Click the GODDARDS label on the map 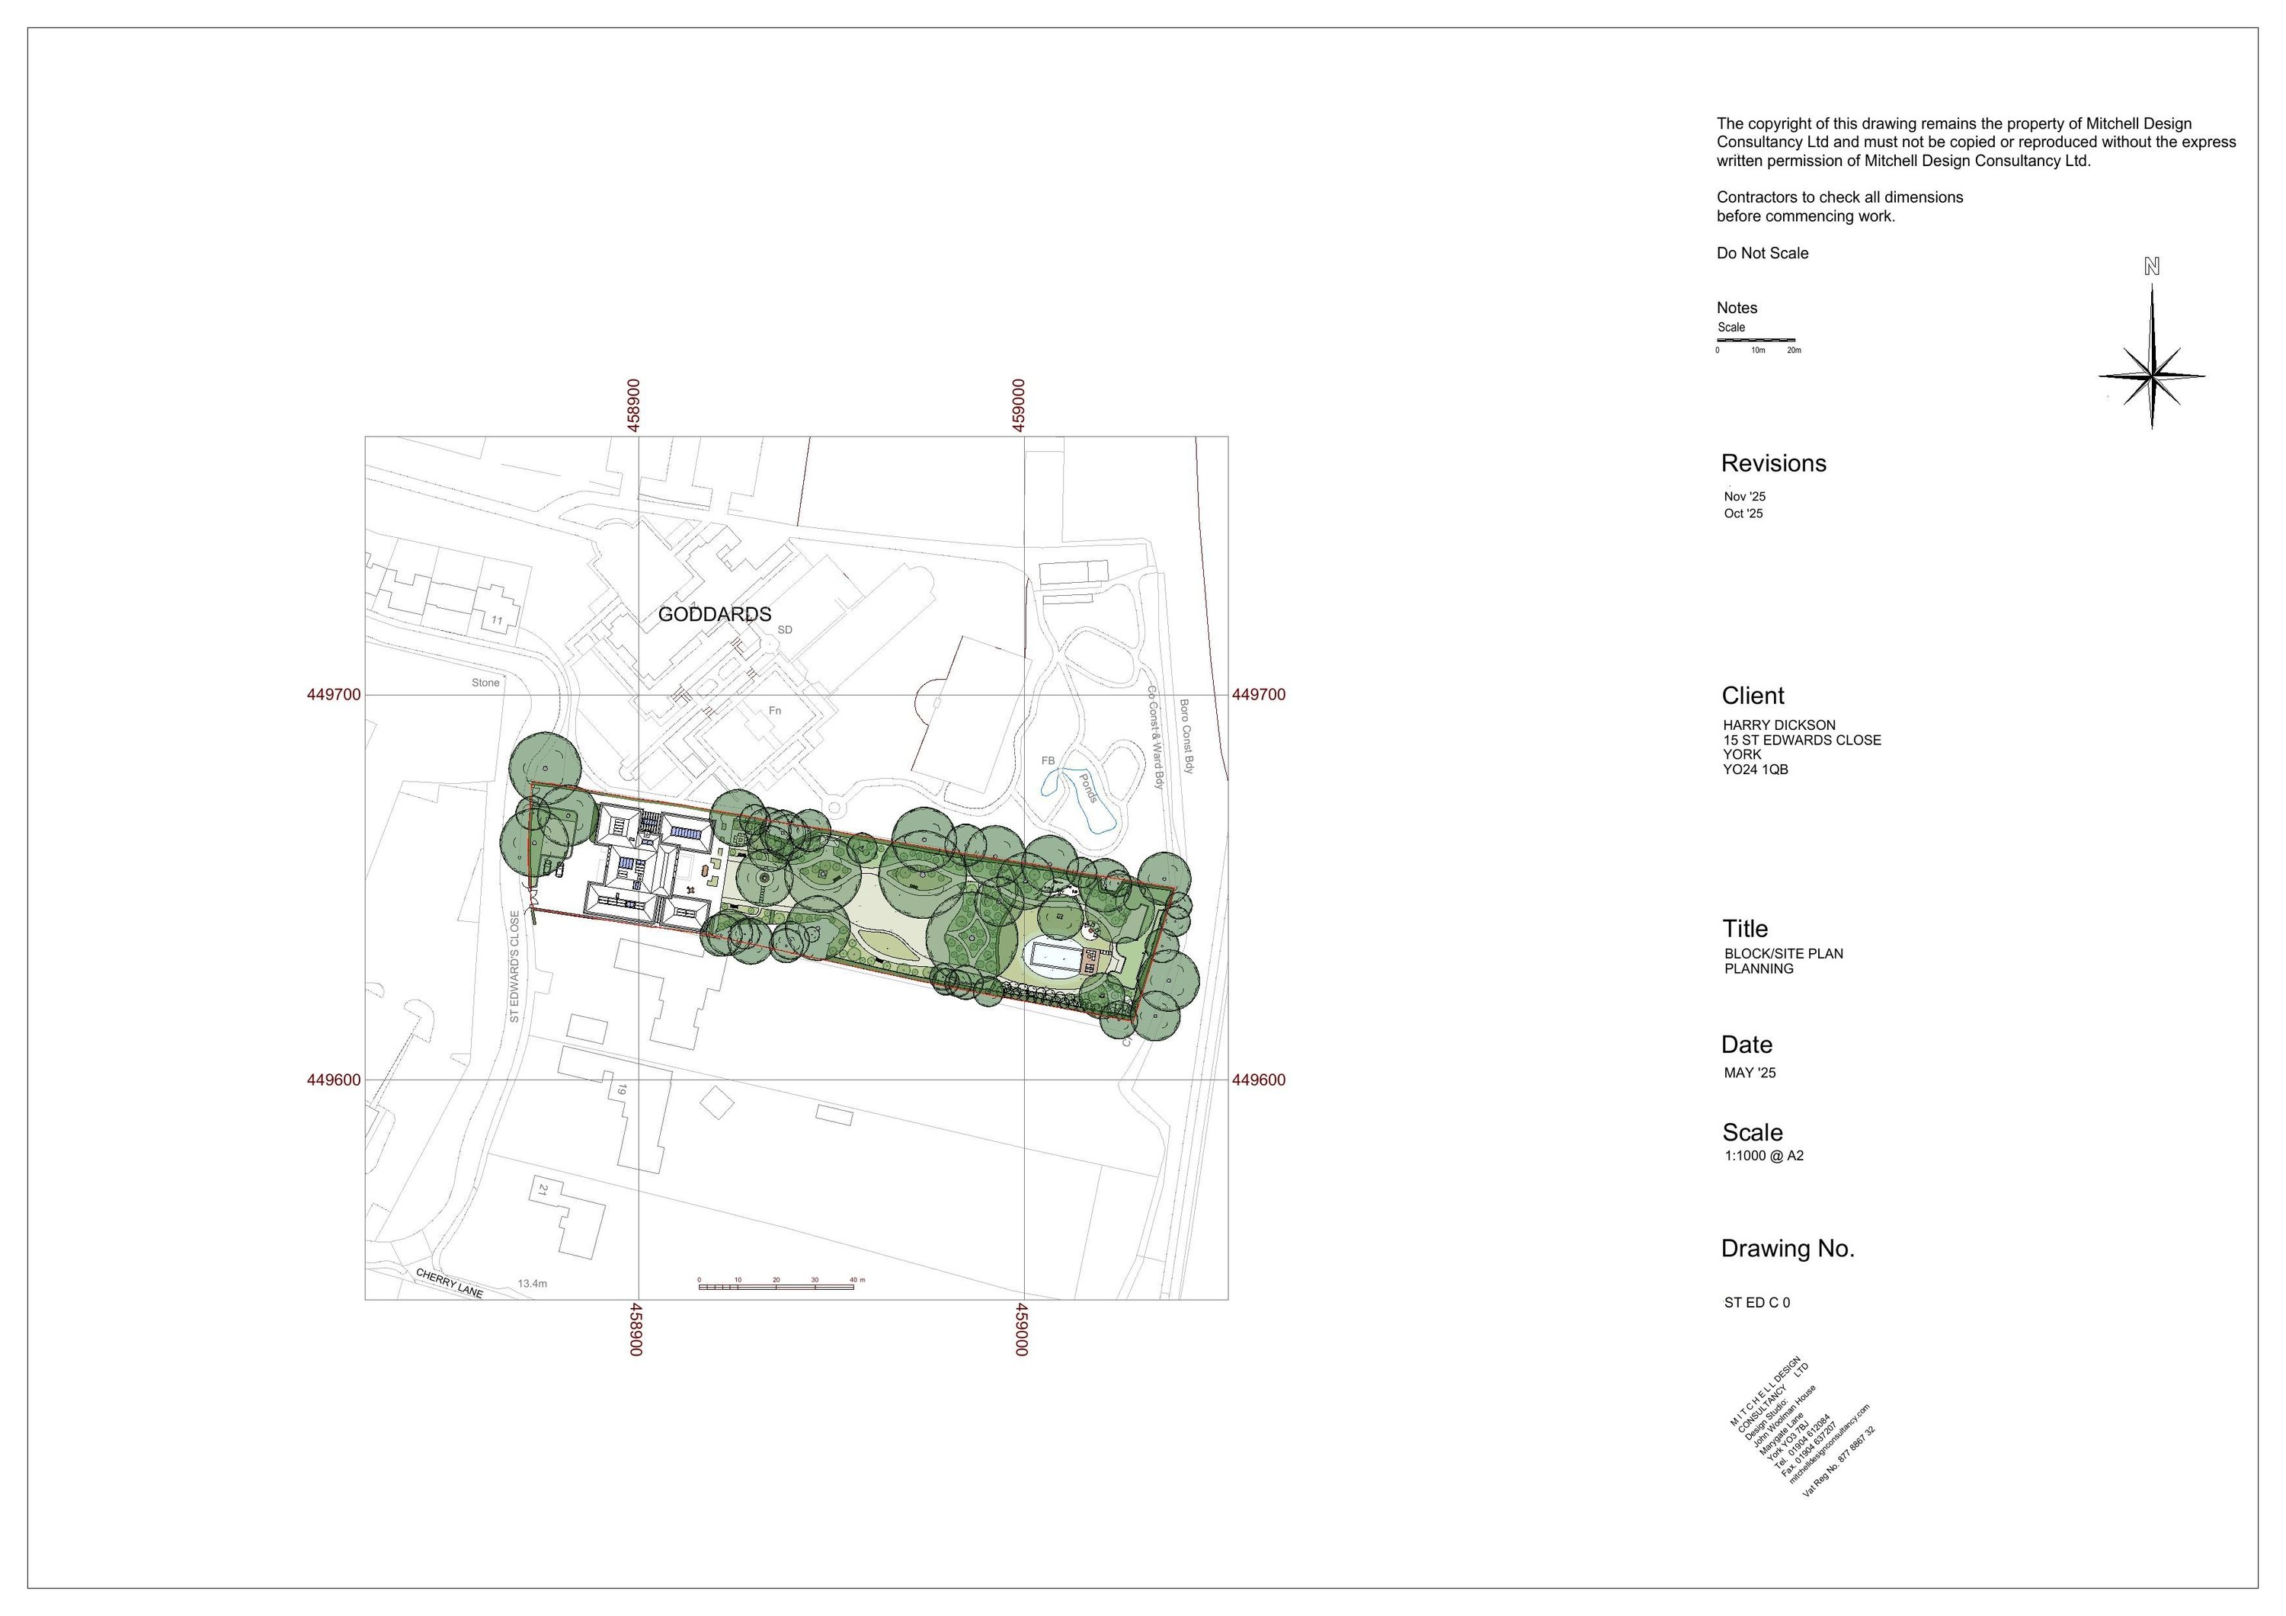(714, 614)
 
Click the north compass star (2152, 376)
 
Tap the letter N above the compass (2152, 267)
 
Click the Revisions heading (1773, 463)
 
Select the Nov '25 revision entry (1744, 497)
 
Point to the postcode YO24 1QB (1756, 770)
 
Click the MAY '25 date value (1750, 1074)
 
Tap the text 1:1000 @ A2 (1764, 1156)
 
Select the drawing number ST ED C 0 (1757, 1302)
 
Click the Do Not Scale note (1763, 253)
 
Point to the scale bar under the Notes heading (1756, 341)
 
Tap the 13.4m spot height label (532, 1284)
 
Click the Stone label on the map (485, 683)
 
